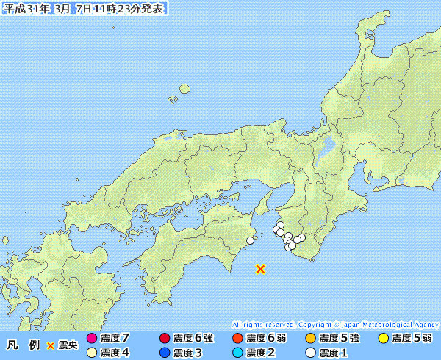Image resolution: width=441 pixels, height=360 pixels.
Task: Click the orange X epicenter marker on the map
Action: pyautogui.click(x=260, y=269)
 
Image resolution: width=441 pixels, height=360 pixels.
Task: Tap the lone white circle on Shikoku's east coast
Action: pyautogui.click(x=251, y=240)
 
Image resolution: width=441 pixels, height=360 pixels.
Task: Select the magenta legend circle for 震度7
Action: pyautogui.click(x=92, y=339)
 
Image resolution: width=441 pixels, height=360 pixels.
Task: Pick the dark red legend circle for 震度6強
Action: pyautogui.click(x=165, y=339)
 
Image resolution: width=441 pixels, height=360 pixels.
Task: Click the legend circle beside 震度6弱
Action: pyautogui.click(x=237, y=339)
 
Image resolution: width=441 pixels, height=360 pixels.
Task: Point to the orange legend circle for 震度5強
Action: pyautogui.click(x=310, y=339)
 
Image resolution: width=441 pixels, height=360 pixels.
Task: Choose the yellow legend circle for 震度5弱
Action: pyautogui.click(x=383, y=339)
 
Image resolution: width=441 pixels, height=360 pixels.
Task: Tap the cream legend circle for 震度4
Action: pyautogui.click(x=92, y=353)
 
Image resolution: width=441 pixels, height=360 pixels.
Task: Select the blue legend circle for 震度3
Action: pyautogui.click(x=165, y=353)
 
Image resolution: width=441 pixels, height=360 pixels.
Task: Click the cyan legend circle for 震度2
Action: pyautogui.click(x=237, y=353)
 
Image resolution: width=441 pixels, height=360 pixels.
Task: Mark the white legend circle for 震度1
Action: pyautogui.click(x=310, y=353)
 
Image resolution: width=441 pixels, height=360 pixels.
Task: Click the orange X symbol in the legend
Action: pyautogui.click(x=51, y=345)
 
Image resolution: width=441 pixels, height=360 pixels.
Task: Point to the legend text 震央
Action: pyautogui.click(x=68, y=345)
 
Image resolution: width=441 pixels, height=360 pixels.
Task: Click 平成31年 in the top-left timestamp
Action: pyautogui.click(x=26, y=9)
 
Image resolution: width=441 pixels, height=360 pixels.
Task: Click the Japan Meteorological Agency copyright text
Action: pyautogui.click(x=335, y=324)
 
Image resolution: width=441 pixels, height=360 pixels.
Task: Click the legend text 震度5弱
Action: pyautogui.click(x=412, y=339)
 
